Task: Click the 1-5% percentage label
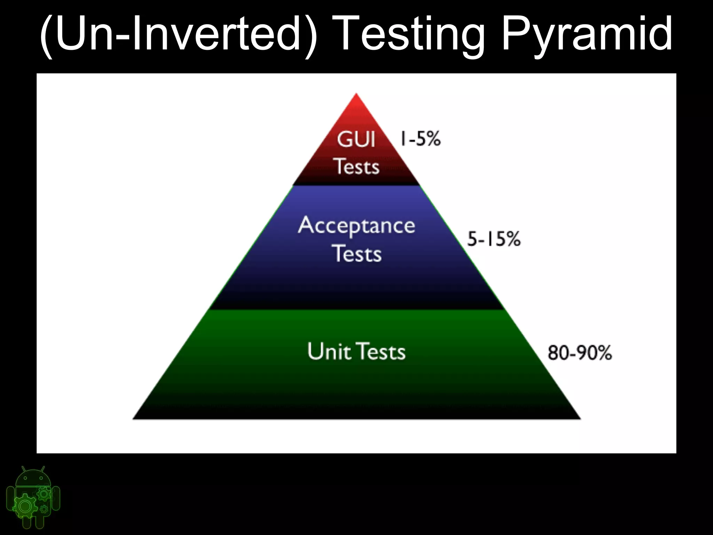(x=420, y=138)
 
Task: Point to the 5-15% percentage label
(x=493, y=239)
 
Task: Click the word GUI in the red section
(x=356, y=140)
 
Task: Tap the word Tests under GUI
(x=357, y=166)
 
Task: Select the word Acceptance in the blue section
(x=356, y=226)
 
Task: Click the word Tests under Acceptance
(x=358, y=254)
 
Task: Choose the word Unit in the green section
(x=329, y=351)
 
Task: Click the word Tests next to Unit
(x=382, y=351)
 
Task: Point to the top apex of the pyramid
(x=356, y=94)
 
